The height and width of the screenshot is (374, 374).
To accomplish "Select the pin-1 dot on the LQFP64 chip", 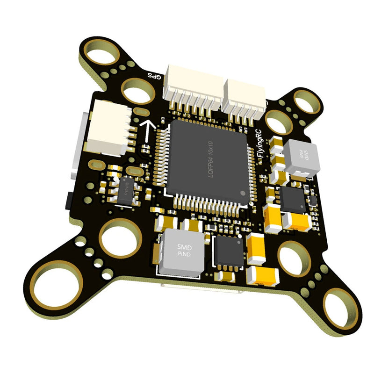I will tap(242, 193).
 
